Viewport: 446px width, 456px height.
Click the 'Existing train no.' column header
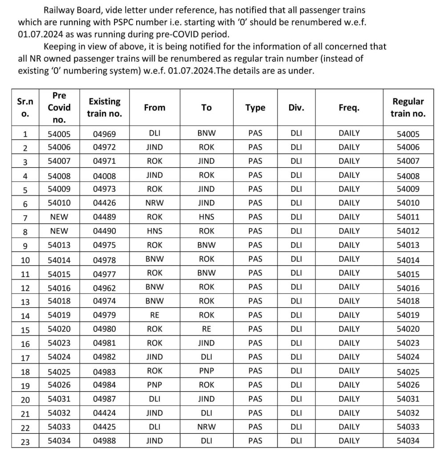click(105, 108)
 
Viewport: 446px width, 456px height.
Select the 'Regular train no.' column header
click(408, 107)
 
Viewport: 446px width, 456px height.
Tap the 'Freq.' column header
click(349, 108)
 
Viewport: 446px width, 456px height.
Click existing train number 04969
click(105, 134)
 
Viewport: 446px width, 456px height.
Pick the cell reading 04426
click(105, 203)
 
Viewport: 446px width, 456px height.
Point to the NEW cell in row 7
click(59, 217)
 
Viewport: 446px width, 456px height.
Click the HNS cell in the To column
click(207, 217)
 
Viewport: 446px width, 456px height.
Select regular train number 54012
click(408, 231)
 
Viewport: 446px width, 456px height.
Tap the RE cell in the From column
click(154, 315)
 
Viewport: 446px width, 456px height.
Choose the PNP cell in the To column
click(207, 370)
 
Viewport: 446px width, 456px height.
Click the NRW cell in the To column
click(207, 427)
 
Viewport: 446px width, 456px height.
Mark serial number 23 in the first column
click(25, 441)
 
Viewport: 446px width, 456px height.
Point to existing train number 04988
click(105, 441)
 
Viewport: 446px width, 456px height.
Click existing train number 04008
click(105, 176)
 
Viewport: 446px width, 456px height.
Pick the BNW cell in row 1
click(207, 134)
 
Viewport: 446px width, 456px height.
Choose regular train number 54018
click(408, 301)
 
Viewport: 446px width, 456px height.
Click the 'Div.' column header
click(296, 108)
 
